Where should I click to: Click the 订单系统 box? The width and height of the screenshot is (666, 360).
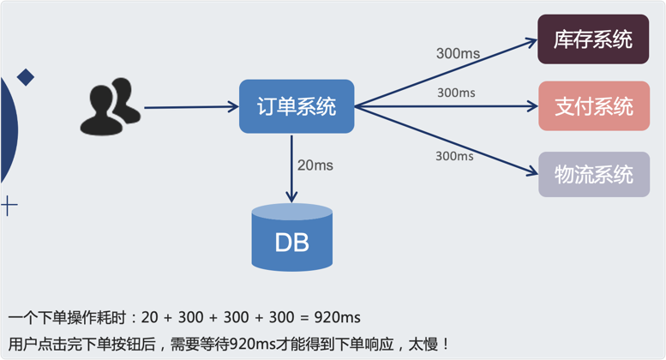point(297,106)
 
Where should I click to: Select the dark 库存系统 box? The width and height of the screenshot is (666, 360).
point(593,39)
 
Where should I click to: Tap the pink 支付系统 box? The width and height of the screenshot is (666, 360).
point(594,106)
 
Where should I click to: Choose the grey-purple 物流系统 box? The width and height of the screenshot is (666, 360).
point(594,175)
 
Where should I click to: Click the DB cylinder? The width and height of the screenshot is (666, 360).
point(291,237)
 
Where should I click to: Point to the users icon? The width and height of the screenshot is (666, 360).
point(111,106)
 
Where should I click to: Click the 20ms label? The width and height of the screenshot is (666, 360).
point(315,165)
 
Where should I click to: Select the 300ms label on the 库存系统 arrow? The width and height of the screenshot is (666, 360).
point(458,53)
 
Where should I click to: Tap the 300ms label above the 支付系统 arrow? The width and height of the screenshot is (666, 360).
point(456,93)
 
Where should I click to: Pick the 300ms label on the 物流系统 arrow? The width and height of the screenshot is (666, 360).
point(454,156)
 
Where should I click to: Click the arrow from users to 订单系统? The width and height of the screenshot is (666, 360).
point(191,107)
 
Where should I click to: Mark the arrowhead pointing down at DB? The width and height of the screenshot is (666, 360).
point(291,197)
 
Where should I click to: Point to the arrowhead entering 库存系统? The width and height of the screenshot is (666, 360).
point(531,42)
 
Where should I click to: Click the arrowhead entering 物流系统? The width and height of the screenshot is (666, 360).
point(532,171)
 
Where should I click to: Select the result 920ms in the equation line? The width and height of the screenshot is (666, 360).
point(337,317)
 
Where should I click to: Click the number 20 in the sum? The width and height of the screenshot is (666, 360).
point(149,317)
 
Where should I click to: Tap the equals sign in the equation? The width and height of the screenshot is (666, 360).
point(304,318)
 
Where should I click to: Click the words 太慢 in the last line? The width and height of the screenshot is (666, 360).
point(423,344)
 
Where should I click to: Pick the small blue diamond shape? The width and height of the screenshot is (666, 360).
point(26,77)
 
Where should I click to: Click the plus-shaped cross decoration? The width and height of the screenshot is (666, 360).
point(9,207)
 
